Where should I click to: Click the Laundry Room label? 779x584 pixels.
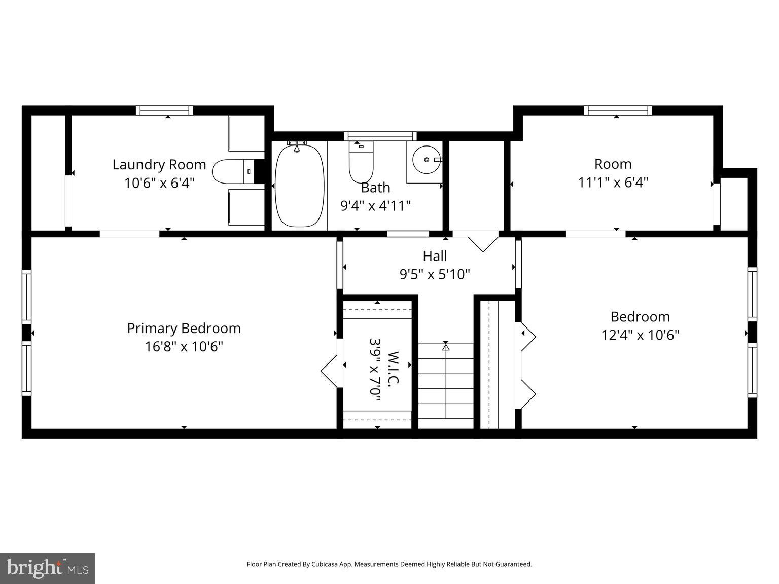coord(159,165)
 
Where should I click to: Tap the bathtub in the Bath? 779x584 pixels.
coord(299,186)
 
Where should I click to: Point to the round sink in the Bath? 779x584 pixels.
coord(426,160)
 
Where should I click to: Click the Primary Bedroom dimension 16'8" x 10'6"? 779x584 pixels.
coord(184,347)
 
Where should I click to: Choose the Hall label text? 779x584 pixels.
coord(435,256)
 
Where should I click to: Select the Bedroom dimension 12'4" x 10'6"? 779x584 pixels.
coord(640,335)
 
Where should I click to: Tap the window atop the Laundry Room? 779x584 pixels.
coord(164,111)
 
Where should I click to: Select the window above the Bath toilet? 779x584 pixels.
coord(380,136)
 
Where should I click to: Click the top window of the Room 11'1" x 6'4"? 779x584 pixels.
coord(617,111)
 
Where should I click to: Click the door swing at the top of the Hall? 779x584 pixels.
coord(482,242)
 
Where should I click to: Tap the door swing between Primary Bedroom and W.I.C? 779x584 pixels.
coord(330,371)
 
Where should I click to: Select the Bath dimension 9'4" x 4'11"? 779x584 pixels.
coord(375,206)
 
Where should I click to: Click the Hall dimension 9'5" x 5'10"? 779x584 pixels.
coord(435,274)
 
